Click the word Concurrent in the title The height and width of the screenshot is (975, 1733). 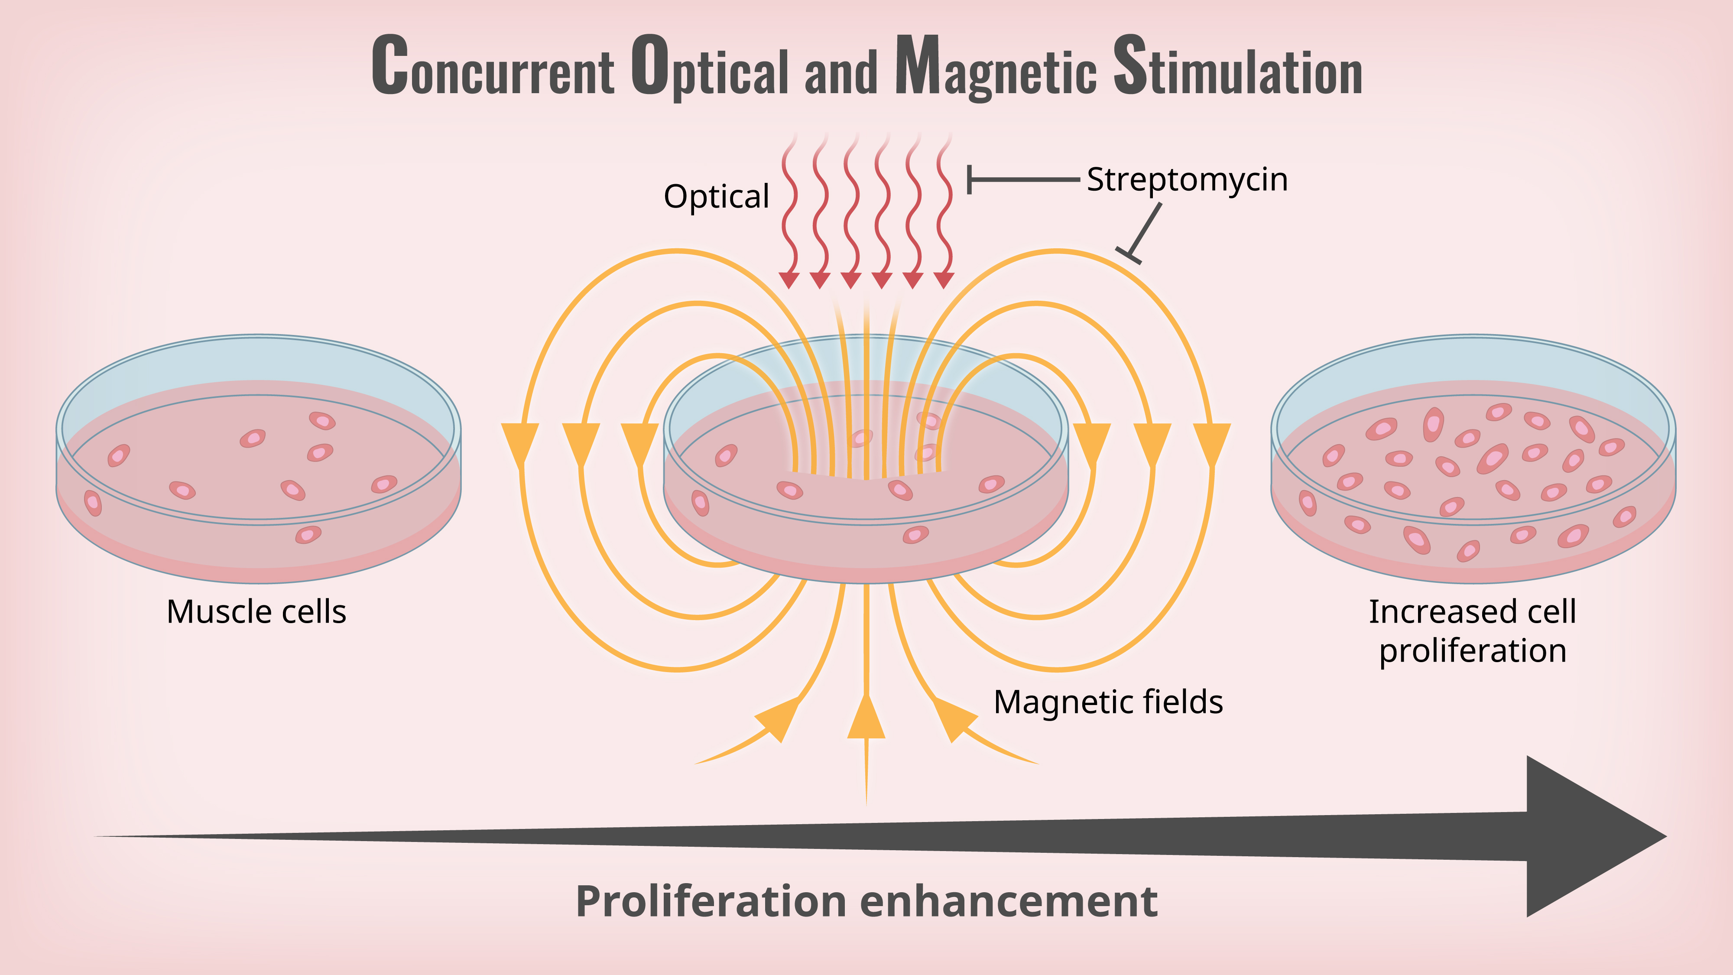[x=493, y=67]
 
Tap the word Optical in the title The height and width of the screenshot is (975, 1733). [x=710, y=67]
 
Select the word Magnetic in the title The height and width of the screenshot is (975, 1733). [x=996, y=67]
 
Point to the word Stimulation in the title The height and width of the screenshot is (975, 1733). [x=1238, y=67]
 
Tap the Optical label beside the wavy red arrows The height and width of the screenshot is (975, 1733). [x=717, y=196]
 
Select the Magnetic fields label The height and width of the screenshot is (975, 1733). [x=1108, y=702]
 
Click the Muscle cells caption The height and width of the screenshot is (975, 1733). [x=256, y=611]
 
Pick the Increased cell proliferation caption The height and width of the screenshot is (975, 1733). [x=1473, y=631]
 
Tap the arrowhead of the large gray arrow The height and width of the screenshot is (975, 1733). [x=1588, y=836]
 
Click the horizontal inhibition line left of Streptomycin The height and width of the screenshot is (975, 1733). [x=1022, y=180]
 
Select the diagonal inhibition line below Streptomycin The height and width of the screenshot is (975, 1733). [x=1144, y=232]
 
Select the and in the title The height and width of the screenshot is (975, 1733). [x=841, y=73]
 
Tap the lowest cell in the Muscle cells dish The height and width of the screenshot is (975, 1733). [x=308, y=535]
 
